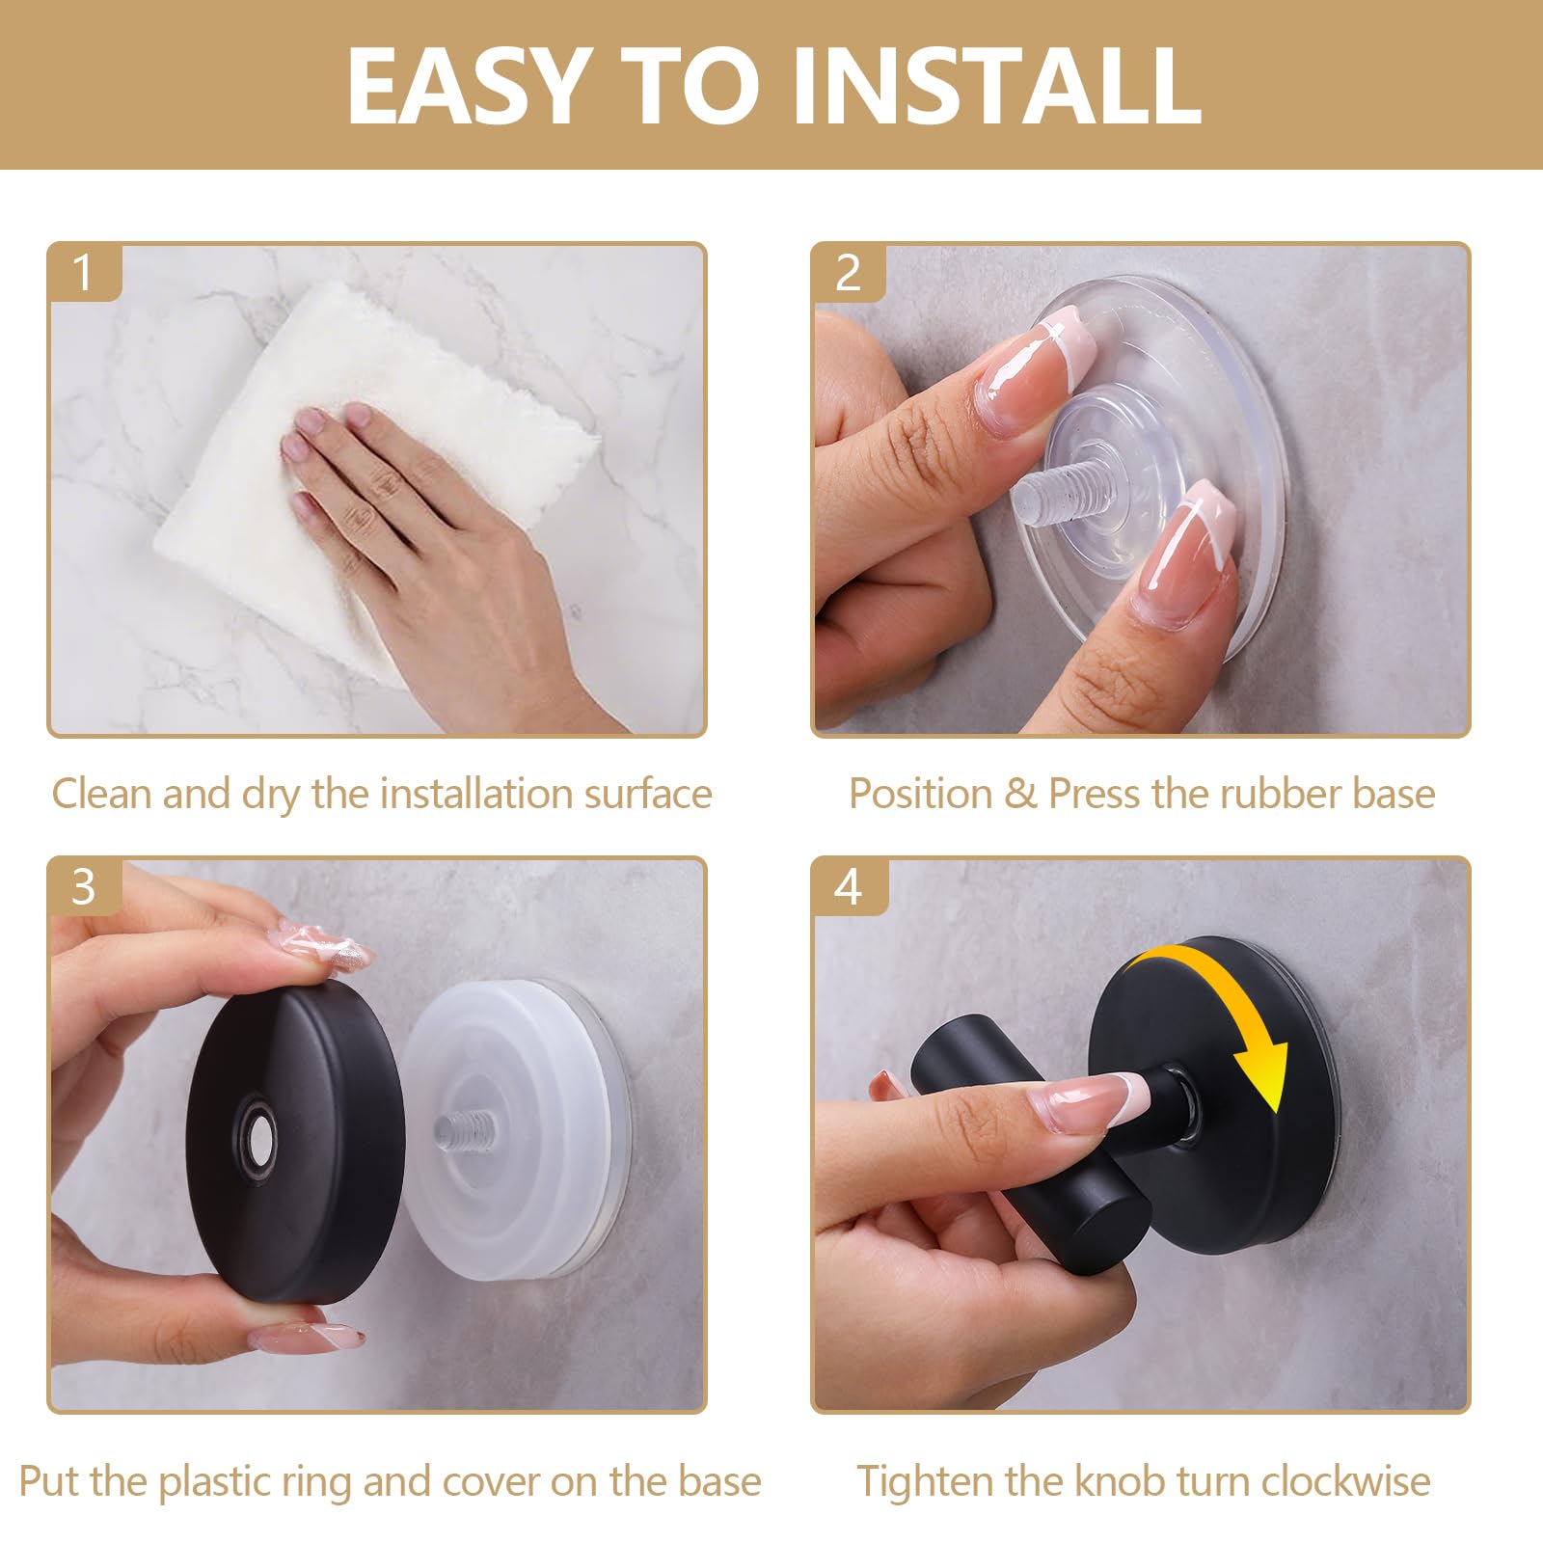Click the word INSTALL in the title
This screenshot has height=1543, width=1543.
pos(996,86)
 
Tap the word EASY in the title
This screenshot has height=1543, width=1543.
pos(469,86)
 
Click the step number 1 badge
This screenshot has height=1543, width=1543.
pos(84,272)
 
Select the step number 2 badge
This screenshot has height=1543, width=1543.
pos(848,273)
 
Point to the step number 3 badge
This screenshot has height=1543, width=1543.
pos(84,886)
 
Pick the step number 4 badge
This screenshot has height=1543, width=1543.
pos(848,886)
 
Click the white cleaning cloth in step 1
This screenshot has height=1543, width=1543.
pos(376,482)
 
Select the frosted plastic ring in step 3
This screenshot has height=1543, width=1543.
pos(516,1128)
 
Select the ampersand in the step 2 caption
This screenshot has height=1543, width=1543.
pos(1020,795)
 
